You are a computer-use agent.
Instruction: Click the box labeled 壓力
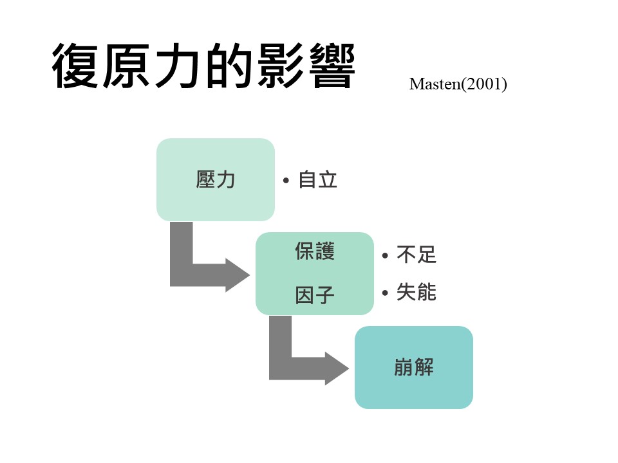click(216, 179)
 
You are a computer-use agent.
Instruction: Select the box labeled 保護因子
click(315, 273)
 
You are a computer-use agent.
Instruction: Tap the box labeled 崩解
click(414, 367)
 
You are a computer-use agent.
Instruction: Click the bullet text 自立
click(317, 180)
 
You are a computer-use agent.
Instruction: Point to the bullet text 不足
click(417, 255)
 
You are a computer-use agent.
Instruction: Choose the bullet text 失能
click(417, 292)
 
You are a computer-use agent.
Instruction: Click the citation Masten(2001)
click(458, 84)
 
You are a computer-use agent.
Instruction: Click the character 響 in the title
click(332, 66)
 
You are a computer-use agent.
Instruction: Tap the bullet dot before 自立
click(286, 181)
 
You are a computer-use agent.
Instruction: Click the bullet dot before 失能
click(385, 293)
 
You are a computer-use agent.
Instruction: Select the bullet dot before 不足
click(385, 255)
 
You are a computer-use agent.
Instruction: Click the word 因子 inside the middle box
click(315, 295)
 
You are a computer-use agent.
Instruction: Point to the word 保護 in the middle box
click(315, 251)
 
